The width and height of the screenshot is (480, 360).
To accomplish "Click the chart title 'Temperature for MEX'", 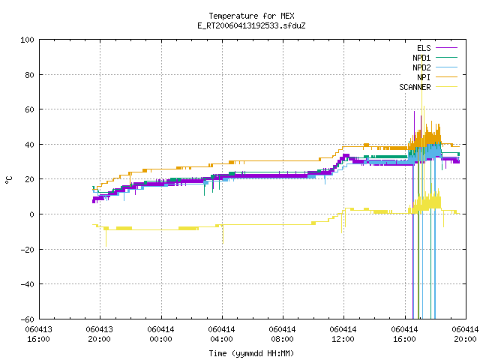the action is point(251,16).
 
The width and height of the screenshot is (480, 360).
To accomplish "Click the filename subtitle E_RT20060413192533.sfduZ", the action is point(251,25).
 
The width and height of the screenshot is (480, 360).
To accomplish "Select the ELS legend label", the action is point(424,48).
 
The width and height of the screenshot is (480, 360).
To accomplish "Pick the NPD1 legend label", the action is point(421,58).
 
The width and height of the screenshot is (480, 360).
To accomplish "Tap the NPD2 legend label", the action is point(421,67).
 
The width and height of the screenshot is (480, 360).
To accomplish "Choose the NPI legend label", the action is point(424,77).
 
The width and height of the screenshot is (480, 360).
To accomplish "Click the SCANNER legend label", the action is point(415,87).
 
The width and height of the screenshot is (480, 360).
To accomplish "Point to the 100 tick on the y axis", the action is point(27,40).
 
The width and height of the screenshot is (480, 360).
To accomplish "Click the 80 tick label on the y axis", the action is point(29,75).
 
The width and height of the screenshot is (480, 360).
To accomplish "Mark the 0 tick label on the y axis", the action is point(31,214).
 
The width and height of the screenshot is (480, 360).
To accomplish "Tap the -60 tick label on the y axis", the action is point(27,319).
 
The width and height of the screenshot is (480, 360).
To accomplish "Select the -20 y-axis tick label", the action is point(27,250).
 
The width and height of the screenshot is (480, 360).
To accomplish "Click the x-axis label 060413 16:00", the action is point(38,334).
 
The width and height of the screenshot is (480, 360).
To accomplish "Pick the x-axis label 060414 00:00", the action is point(160,334).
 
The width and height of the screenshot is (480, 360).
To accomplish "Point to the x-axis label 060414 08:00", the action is point(282,334).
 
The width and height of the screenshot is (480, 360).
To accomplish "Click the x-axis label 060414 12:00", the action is point(343,334).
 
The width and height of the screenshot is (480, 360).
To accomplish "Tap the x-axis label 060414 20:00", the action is point(465,334).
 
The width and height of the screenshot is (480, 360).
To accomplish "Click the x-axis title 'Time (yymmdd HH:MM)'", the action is point(251,353).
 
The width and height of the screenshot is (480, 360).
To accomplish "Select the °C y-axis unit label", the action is point(9,180).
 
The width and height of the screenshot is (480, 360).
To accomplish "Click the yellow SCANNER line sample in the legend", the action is point(447,87).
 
